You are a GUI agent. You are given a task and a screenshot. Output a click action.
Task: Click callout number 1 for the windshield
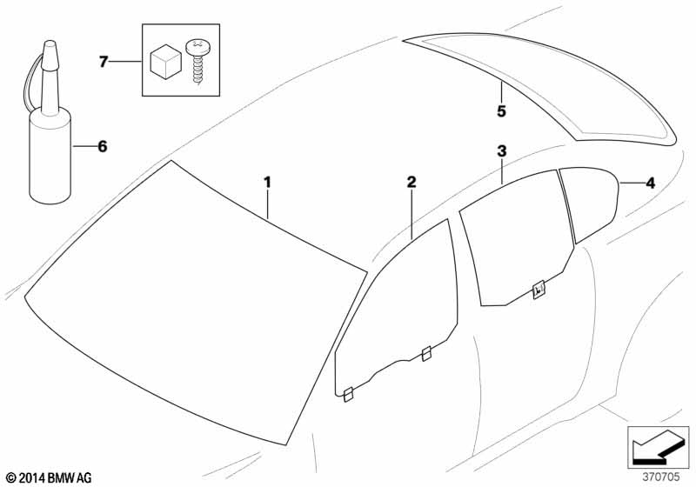[268, 183]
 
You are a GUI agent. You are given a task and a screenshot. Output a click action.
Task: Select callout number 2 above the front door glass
[412, 182]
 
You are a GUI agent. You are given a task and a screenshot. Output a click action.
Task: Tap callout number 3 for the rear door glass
[502, 151]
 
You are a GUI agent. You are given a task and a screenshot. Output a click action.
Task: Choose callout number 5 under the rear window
[501, 111]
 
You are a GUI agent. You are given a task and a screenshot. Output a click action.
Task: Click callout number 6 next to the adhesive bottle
[102, 147]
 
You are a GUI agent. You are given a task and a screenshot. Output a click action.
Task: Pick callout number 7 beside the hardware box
[104, 61]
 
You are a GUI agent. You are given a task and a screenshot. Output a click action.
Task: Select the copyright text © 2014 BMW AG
[48, 477]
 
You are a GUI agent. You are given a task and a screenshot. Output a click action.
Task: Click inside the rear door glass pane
[513, 243]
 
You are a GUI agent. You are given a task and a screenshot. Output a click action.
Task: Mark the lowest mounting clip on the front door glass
[346, 395]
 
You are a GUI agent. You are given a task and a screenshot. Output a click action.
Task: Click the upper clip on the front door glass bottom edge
[426, 353]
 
